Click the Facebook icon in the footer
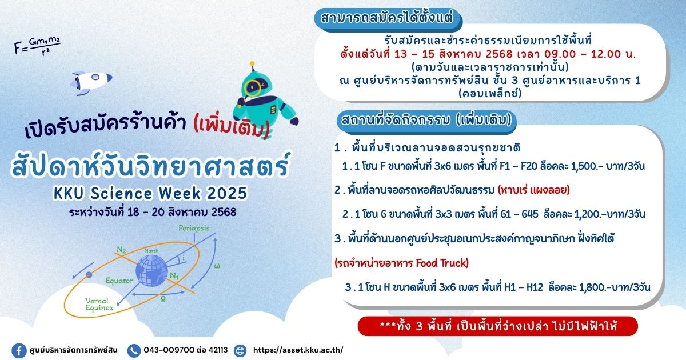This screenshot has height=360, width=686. click(19, 350)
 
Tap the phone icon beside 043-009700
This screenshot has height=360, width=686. click(134, 350)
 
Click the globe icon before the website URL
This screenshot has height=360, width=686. click(240, 350)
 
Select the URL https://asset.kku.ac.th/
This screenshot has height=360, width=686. click(298, 350)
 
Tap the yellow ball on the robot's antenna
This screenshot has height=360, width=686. click(252, 63)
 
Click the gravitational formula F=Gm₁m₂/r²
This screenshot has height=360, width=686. click(37, 46)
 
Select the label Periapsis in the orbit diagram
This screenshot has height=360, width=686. click(194, 228)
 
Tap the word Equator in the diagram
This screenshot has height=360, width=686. click(119, 281)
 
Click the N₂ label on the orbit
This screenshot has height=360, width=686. click(122, 250)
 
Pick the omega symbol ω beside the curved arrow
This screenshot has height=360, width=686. click(217, 266)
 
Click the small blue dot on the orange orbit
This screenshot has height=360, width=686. click(89, 275)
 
